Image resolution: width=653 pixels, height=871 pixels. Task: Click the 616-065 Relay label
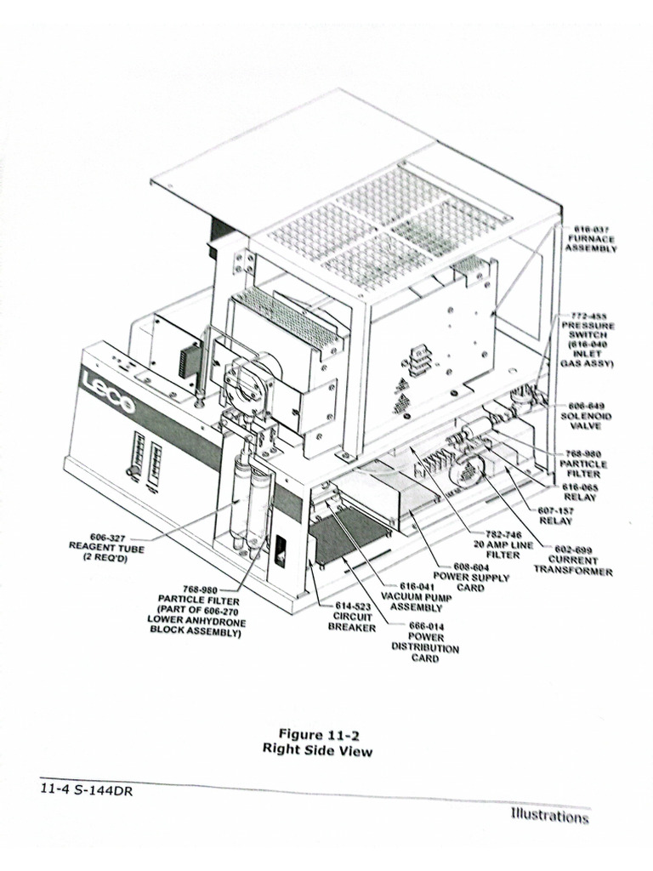coord(581,492)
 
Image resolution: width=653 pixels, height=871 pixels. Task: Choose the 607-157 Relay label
coord(556,515)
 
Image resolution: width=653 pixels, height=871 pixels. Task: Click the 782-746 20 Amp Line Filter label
coord(497,543)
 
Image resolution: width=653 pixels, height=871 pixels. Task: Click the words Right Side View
coord(317,750)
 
